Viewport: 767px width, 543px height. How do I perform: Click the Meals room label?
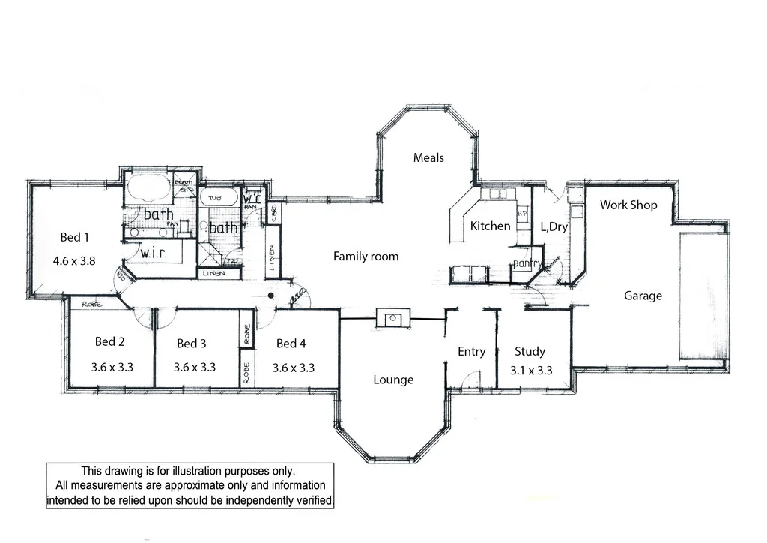(x=428, y=157)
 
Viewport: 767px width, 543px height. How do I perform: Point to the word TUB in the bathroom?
(x=214, y=198)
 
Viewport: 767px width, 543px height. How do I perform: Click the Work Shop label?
(x=628, y=205)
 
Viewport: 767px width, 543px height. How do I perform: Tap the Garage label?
(x=643, y=295)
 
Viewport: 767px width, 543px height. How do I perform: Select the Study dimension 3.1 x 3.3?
(x=530, y=370)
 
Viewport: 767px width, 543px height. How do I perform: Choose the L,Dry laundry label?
(x=554, y=226)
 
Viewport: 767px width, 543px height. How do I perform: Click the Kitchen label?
(x=490, y=226)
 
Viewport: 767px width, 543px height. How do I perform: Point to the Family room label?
(x=366, y=256)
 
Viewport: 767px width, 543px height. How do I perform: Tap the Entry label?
(x=471, y=351)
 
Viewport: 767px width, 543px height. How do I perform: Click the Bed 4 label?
(x=291, y=343)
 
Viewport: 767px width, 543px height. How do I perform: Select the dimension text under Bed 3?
(x=195, y=367)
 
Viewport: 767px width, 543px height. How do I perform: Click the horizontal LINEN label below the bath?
(x=213, y=274)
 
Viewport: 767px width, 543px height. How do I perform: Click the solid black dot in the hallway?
(x=273, y=295)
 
